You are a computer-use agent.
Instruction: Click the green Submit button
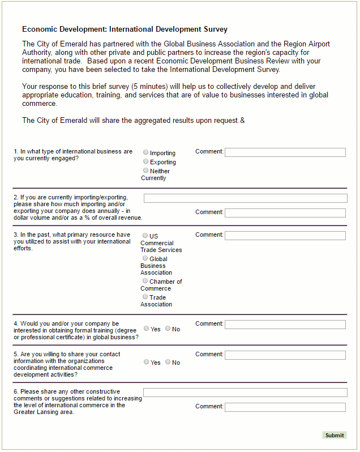[334, 435]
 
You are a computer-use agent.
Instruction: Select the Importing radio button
[146, 152]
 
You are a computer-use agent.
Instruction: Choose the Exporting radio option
[146, 161]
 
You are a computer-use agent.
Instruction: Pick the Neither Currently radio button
[146, 170]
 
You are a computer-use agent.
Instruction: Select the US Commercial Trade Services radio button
[145, 236]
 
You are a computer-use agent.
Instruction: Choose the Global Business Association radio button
[145, 258]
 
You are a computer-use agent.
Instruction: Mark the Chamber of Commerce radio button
[145, 281]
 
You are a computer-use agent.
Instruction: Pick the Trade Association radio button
[145, 297]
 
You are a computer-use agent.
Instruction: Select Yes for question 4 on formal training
[147, 329]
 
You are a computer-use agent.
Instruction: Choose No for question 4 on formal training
[168, 329]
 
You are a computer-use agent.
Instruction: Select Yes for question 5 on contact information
[147, 362]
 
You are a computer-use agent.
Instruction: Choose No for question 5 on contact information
[168, 362]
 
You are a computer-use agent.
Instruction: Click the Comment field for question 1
[285, 152]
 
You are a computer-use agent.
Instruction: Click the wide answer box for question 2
[245, 198]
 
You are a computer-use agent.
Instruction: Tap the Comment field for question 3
[285, 236]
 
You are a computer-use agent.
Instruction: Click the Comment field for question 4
[285, 325]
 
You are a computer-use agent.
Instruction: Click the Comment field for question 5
[285, 355]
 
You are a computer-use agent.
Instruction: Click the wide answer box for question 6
[245, 393]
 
